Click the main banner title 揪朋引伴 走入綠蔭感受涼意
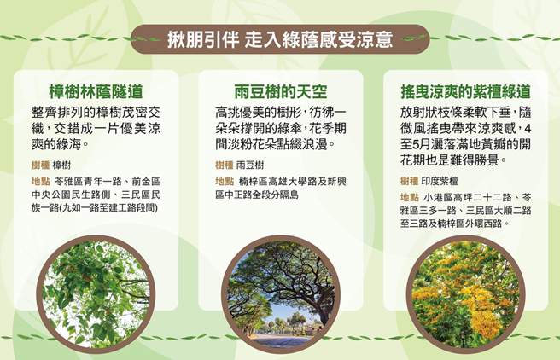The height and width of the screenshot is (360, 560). coord(280,39)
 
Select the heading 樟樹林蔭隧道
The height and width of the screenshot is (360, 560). coord(96,90)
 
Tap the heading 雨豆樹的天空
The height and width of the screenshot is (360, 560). coord(281,90)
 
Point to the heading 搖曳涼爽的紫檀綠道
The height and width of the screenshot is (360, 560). coord(465,90)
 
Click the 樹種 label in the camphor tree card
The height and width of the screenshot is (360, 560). coord(39,165)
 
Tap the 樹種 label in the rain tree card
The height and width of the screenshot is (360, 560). coord(224,165)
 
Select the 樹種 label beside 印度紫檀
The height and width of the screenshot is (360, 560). coord(409,181)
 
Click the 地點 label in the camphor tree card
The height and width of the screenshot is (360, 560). coord(39,182)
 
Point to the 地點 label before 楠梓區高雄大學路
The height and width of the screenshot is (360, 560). coord(224,182)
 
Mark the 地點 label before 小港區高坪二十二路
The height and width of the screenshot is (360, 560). coord(409,197)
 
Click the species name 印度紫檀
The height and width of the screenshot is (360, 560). coord(441,181)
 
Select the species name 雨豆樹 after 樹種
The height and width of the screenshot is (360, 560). coord(251,165)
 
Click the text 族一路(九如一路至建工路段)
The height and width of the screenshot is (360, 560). coord(93,207)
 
